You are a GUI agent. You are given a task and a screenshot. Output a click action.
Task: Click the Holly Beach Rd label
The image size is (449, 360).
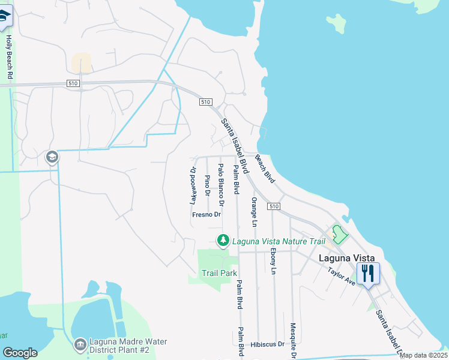pos(9,58)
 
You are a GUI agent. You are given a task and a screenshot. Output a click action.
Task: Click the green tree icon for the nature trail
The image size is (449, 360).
pos(223,241)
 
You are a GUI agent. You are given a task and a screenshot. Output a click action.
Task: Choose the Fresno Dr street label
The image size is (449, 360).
pos(207,214)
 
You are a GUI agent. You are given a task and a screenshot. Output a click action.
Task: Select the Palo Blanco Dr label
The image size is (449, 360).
pos(221,182)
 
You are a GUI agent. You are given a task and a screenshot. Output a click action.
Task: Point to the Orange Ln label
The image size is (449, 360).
pos(254,212)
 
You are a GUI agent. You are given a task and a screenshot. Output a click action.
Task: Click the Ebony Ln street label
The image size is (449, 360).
pos(273,261)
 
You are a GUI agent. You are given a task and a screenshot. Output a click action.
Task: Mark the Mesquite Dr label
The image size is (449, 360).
pos(293,340)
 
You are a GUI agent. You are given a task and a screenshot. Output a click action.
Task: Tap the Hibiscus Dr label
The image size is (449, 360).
pos(268,344)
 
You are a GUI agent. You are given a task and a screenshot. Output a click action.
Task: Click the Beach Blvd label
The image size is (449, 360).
pos(265,169)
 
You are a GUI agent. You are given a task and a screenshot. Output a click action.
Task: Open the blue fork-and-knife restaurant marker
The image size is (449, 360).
pos(368,274)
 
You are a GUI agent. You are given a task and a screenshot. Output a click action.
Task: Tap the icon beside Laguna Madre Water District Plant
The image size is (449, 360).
pos(80,345)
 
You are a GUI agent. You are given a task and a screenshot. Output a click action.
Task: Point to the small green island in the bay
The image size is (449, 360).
pos(337,23)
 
